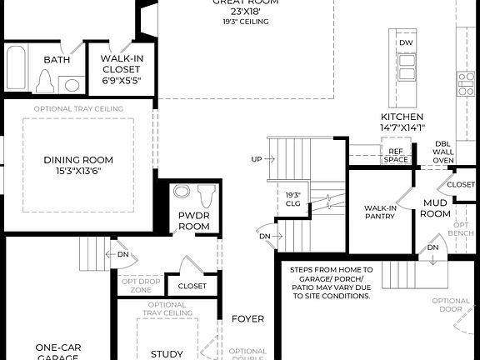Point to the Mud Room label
[x=436, y=208]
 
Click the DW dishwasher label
[x=406, y=42]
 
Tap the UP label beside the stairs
[x=257, y=158]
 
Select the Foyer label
[x=247, y=318]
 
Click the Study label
[x=166, y=354]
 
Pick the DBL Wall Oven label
[x=443, y=153]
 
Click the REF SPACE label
[x=397, y=155]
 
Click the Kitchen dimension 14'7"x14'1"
[x=402, y=127]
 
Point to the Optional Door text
[x=452, y=306]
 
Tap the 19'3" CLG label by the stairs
[x=292, y=200]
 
